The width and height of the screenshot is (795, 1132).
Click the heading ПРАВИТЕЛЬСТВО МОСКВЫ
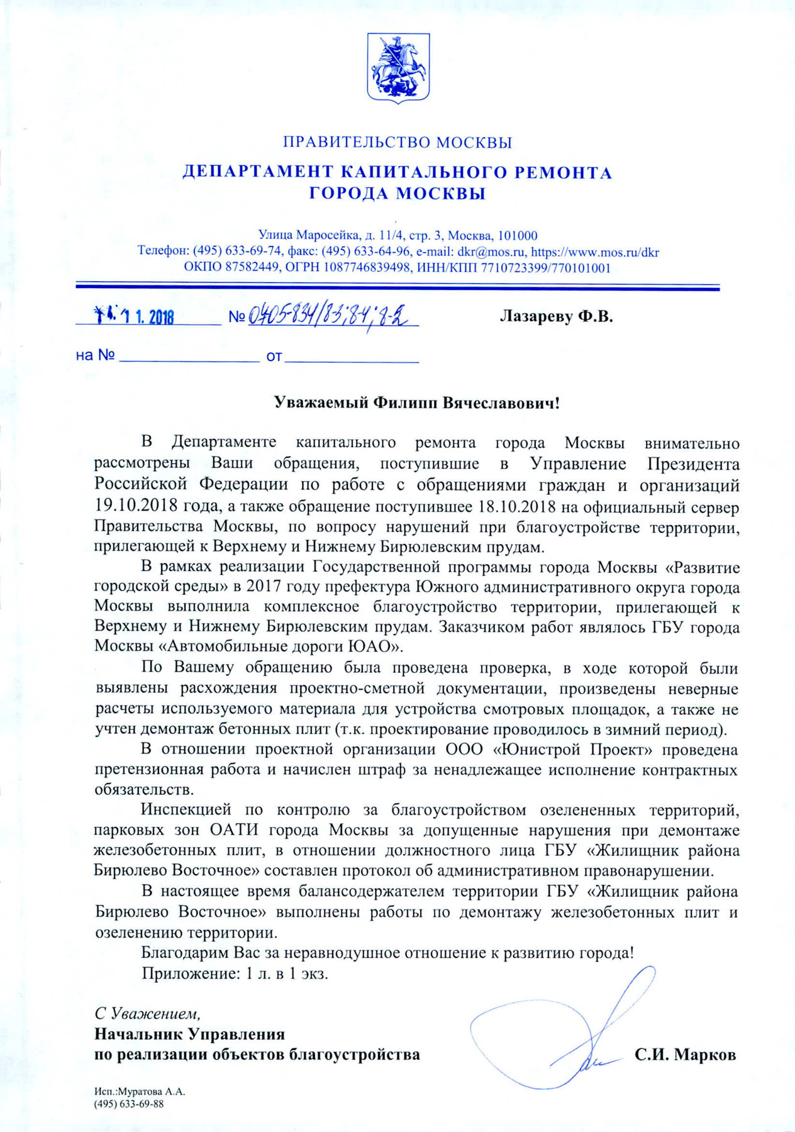[397, 142]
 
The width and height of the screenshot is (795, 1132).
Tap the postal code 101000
[518, 236]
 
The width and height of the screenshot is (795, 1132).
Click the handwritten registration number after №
[333, 314]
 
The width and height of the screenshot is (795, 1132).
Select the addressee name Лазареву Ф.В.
[556, 316]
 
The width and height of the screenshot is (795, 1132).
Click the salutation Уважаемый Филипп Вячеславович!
[416, 402]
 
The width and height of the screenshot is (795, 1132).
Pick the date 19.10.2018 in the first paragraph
[130, 506]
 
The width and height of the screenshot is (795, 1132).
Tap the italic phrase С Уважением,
[148, 1013]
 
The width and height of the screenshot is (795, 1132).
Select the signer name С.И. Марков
[685, 1055]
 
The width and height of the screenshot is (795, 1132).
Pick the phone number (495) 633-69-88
[129, 1104]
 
